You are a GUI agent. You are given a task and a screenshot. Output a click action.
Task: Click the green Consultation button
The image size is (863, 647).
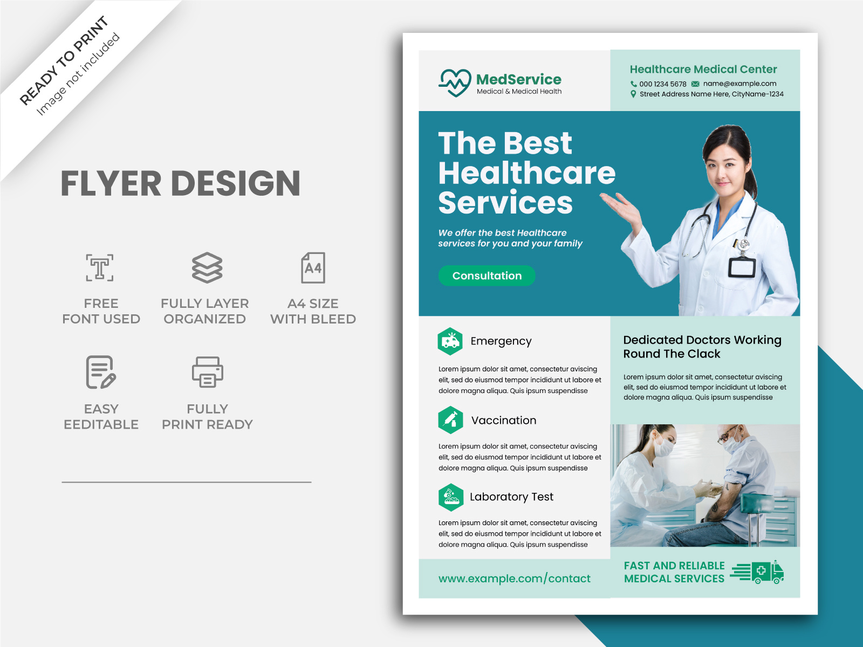click(487, 276)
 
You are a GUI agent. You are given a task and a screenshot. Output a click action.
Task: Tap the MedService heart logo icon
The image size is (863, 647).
click(455, 83)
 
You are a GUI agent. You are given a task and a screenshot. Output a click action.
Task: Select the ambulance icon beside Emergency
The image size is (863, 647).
click(450, 341)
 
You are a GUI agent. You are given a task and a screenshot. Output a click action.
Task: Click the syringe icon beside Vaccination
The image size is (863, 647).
click(450, 420)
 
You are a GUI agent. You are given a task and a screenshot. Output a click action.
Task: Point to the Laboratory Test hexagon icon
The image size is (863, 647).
click(451, 497)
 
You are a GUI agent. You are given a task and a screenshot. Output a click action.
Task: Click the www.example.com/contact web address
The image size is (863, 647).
click(514, 578)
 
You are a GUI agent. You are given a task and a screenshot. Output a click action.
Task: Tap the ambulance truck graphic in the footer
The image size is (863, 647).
click(757, 572)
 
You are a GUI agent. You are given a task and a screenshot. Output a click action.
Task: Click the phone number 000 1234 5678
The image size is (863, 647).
click(663, 84)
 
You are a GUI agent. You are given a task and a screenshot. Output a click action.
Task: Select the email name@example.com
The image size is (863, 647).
click(739, 84)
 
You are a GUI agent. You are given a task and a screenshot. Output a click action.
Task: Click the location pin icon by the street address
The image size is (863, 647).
click(633, 94)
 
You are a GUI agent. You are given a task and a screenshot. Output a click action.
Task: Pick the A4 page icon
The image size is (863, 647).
click(313, 267)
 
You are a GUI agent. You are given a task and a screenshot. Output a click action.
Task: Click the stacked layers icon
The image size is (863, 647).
click(207, 267)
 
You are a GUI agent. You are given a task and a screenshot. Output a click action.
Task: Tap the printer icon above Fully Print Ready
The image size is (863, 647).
click(207, 372)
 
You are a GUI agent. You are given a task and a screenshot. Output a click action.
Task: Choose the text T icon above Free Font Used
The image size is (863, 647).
click(100, 267)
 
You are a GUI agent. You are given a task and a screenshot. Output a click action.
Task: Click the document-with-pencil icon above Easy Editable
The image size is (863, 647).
click(101, 372)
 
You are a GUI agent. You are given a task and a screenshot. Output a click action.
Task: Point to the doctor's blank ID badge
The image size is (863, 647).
click(742, 267)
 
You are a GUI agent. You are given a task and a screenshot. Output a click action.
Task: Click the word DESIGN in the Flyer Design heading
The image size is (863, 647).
click(236, 183)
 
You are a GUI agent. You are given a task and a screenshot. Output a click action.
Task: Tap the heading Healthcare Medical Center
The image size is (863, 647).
click(703, 70)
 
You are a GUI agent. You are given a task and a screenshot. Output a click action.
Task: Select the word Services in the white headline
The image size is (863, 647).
click(505, 203)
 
